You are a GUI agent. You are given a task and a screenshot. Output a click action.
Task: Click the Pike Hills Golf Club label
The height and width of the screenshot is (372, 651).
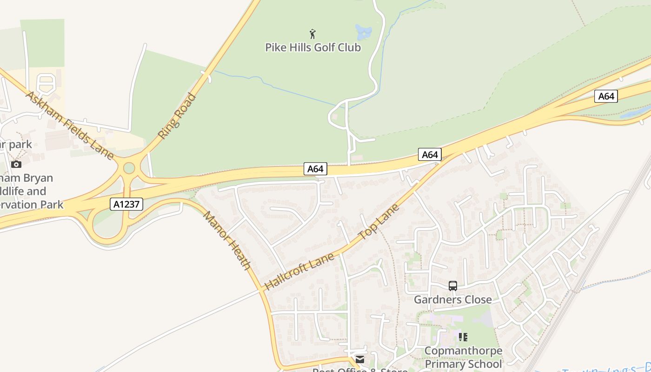[x=312, y=47]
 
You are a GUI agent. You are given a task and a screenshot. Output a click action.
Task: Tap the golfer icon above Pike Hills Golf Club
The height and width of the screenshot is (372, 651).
[x=312, y=33]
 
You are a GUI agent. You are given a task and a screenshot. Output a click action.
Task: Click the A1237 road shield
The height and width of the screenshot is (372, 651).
[x=126, y=204]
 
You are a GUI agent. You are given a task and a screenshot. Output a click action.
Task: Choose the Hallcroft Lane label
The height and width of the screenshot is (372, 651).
[x=299, y=272]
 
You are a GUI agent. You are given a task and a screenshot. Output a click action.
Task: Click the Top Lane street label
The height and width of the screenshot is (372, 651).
[x=379, y=221]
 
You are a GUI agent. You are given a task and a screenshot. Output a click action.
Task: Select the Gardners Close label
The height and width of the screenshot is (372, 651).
[x=452, y=299]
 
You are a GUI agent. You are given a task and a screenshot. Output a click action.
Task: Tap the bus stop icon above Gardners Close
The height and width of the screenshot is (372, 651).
[x=453, y=286]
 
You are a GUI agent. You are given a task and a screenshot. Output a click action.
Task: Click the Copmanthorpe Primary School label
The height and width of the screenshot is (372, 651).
[x=464, y=357]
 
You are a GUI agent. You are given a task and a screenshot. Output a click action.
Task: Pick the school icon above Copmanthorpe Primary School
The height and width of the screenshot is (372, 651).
[x=463, y=337]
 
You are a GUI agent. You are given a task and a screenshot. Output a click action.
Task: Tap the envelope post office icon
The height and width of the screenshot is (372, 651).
[x=360, y=359]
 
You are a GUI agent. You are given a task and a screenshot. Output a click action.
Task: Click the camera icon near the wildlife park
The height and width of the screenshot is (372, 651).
[x=16, y=164]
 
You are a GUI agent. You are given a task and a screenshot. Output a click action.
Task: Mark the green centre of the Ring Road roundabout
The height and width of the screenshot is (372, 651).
[x=129, y=168]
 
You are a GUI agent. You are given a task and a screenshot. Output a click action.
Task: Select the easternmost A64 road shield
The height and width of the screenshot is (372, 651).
[x=606, y=96]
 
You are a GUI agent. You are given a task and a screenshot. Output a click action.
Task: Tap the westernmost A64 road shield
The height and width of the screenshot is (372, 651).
[x=315, y=169]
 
